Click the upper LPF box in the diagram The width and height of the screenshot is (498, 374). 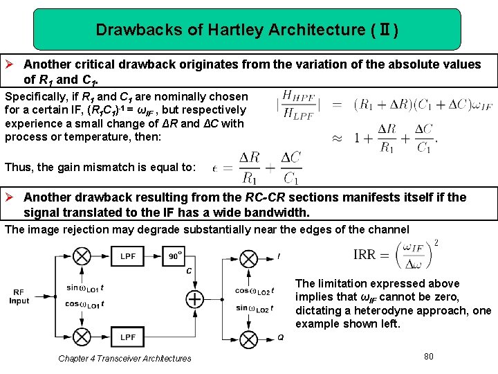tap(128, 256)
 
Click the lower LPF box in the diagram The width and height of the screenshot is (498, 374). tap(128, 337)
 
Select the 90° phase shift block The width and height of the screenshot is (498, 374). tap(176, 256)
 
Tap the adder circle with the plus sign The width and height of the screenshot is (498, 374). tap(195, 299)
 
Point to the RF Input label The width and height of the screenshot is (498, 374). tap(19, 296)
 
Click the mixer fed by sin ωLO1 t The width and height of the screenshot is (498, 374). tap(82, 257)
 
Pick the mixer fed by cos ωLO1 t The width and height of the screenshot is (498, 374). tap(82, 337)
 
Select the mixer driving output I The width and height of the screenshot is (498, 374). tap(248, 257)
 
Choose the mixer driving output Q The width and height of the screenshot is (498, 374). tap(248, 337)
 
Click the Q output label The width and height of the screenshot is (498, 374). tap(280, 337)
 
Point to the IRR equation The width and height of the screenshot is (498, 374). tap(396, 255)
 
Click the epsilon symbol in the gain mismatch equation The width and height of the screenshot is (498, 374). tap(216, 168)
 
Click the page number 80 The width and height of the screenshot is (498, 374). tap(428, 356)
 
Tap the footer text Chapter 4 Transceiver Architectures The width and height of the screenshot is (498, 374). tap(124, 358)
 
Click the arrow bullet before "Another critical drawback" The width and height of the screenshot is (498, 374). tap(12, 64)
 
